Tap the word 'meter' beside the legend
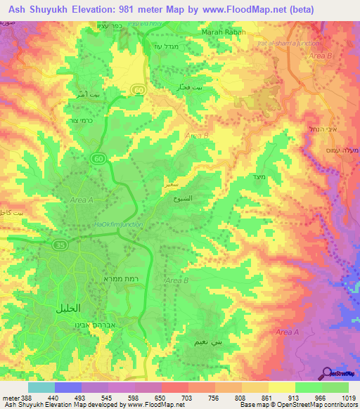[11, 397]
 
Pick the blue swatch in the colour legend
[67, 387]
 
